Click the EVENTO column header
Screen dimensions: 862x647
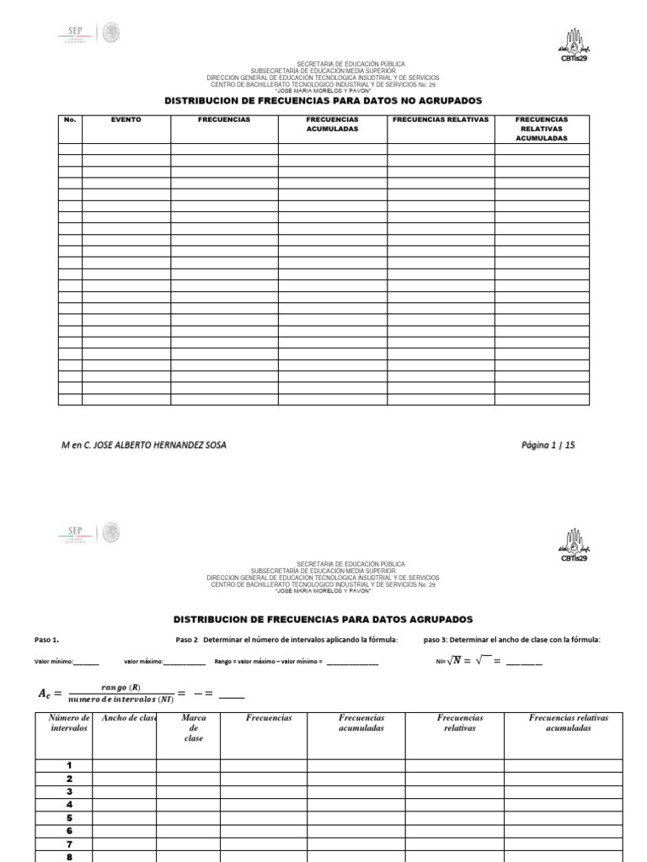tap(126, 120)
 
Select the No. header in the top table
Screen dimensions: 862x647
tap(70, 120)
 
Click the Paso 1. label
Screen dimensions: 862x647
tap(46, 640)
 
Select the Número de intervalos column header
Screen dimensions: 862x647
tap(69, 723)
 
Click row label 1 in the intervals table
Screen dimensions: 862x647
tap(69, 765)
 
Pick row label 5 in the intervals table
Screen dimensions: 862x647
tap(69, 818)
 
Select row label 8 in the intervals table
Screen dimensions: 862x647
tap(69, 857)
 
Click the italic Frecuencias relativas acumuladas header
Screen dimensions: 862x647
tap(568, 723)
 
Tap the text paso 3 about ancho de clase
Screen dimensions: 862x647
tap(511, 640)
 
